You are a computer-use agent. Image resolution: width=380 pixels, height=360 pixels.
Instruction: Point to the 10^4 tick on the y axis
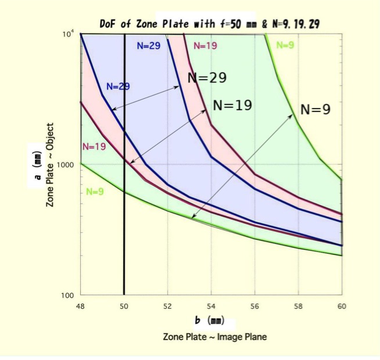pos(68,34)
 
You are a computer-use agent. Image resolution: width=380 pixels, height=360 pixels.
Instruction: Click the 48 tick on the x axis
pos(80,305)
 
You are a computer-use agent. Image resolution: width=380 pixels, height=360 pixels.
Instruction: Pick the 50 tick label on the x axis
pos(124,305)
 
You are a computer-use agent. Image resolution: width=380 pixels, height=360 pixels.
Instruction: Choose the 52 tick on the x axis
pos(167,305)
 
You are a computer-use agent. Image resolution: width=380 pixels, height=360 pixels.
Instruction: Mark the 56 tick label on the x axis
pos(254,305)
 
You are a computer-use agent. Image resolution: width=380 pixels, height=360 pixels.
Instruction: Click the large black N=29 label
pos(207,78)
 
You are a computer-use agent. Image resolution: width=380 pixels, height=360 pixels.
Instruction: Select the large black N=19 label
pos(232,106)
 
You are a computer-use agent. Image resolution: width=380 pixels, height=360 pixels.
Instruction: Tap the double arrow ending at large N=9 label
pos(242,166)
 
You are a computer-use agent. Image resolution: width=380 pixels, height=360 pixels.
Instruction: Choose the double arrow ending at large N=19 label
pos(168,136)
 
